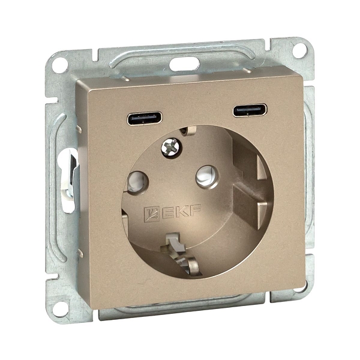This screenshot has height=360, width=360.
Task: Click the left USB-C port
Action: (x=145, y=118)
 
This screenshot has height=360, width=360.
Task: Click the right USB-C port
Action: (x=250, y=110)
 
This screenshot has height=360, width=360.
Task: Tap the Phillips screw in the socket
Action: (x=170, y=147)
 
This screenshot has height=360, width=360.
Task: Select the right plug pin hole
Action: (x=207, y=177)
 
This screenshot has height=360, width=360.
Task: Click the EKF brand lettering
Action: (x=182, y=212)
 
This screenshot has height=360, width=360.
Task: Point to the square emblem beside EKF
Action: (x=151, y=214)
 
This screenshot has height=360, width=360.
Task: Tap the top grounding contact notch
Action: (x=188, y=131)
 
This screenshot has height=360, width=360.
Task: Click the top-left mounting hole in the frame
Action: (x=59, y=65)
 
